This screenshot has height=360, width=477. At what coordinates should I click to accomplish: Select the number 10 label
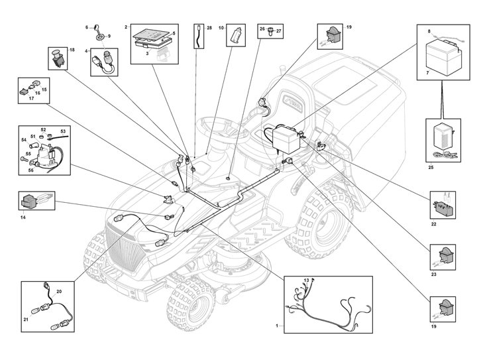tap(221, 29)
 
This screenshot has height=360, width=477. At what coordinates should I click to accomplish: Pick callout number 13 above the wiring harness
tap(306, 281)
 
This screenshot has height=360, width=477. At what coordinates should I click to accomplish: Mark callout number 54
tap(24, 141)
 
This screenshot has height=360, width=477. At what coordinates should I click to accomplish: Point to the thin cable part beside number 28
tap(199, 37)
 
